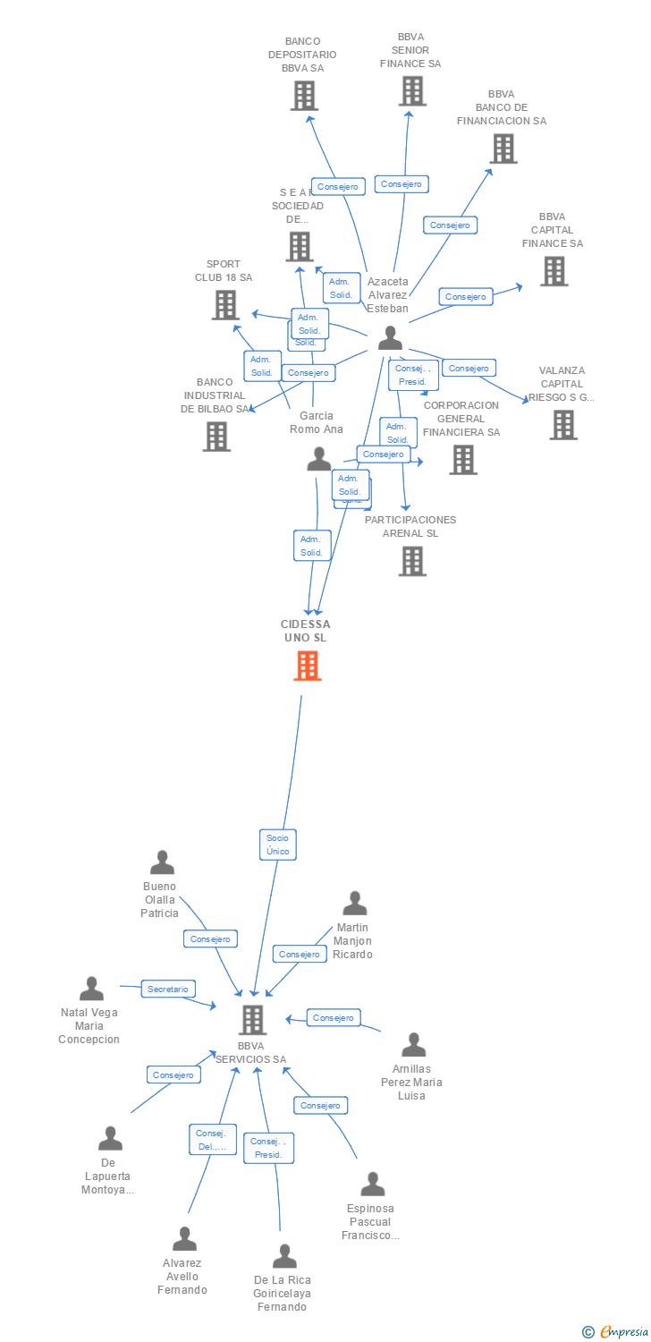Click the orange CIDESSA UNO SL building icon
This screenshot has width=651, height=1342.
pos(307,666)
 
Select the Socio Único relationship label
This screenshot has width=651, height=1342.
pos(277,845)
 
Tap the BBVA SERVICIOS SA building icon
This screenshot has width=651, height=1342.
pos(253,1020)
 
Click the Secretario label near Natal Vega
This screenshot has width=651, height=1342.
pos(168,990)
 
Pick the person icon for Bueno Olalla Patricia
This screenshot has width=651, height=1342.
pos(162,862)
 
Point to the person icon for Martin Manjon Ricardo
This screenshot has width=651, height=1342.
pos(355,904)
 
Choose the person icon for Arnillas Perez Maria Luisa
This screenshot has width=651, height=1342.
pos(413,1045)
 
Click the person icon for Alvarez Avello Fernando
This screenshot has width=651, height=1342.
pos(184,1239)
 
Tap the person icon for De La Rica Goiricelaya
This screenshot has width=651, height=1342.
pos(284,1256)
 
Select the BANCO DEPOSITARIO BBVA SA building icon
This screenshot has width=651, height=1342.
pos(304,96)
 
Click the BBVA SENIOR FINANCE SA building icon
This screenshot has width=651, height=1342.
pos(411,91)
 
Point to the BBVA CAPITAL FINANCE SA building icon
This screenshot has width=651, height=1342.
pos(554,271)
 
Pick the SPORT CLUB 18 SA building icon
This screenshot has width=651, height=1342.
pos(225,305)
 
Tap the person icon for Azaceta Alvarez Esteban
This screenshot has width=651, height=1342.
pos(390,338)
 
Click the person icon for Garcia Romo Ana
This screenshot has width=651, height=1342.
pos(318,459)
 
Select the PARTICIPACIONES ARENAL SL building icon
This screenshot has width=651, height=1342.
pos(411,561)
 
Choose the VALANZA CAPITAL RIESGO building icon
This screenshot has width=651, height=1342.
pos(562,425)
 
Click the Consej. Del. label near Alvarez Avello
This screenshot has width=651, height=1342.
pos(213,1140)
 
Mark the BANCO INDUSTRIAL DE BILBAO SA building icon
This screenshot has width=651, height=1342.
pos(216,437)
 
